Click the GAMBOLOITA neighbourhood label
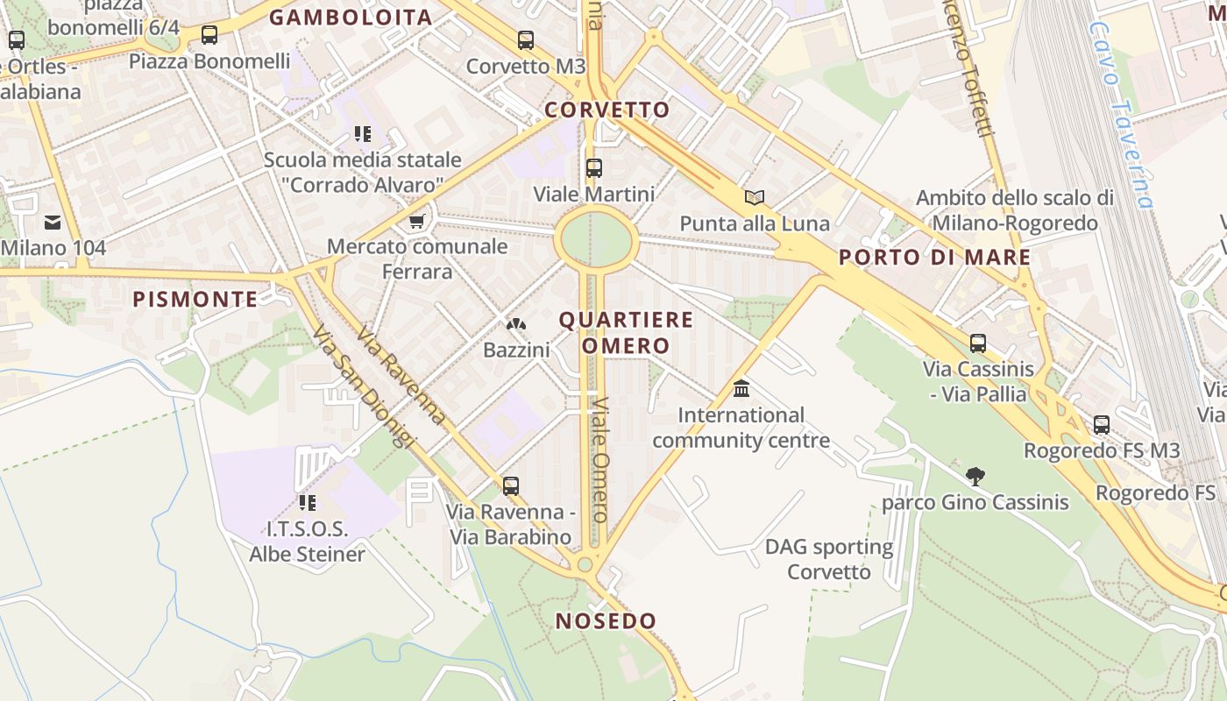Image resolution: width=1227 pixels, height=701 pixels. pyautogui.click(x=351, y=18)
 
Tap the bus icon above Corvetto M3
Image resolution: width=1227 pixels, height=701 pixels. pyautogui.click(x=526, y=39)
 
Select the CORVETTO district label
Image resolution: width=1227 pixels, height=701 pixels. pyautogui.click(x=606, y=110)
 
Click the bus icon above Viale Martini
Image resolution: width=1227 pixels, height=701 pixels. pyautogui.click(x=594, y=167)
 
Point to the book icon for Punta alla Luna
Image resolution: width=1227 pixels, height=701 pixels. pyautogui.click(x=755, y=197)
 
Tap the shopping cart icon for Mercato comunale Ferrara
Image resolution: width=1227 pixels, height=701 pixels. pyautogui.click(x=417, y=220)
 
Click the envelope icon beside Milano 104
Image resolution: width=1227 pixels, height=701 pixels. pyautogui.click(x=53, y=223)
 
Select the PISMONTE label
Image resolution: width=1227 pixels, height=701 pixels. pyautogui.click(x=195, y=300)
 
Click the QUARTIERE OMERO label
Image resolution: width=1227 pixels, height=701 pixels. pyautogui.click(x=626, y=332)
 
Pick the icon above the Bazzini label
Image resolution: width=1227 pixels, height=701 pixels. pyautogui.click(x=516, y=324)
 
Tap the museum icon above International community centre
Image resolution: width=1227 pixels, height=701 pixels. pyautogui.click(x=741, y=388)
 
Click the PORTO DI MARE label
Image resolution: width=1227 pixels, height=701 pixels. pyautogui.click(x=934, y=258)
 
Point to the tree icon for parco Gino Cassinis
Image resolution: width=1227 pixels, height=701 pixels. pyautogui.click(x=975, y=477)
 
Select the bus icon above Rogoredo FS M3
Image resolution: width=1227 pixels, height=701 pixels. pyautogui.click(x=1102, y=425)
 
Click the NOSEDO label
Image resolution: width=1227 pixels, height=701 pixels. pyautogui.click(x=606, y=621)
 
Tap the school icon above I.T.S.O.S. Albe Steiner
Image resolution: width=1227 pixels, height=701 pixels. pyautogui.click(x=307, y=502)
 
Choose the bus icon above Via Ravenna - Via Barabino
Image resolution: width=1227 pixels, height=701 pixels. pyautogui.click(x=510, y=485)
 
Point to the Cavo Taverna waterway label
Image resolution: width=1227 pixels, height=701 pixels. pyautogui.click(x=1120, y=114)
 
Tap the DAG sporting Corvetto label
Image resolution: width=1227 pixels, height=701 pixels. pyautogui.click(x=829, y=560)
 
